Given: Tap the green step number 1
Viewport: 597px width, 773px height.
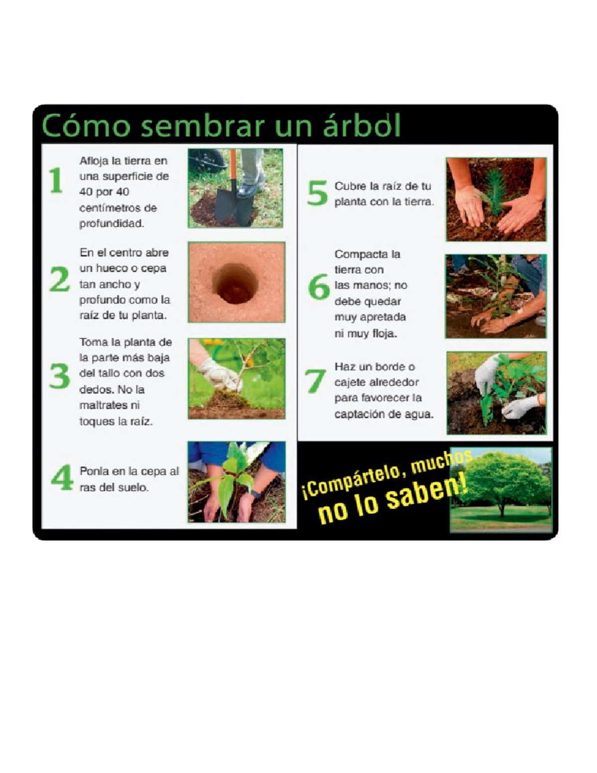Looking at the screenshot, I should tap(56, 180).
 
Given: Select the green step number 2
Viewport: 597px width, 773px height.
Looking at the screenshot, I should tap(60, 279).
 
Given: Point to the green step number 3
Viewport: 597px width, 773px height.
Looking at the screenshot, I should tap(60, 376).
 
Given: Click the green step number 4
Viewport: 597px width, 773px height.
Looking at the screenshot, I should tap(62, 477).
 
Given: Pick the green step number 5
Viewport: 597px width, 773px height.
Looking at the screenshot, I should tap(317, 193).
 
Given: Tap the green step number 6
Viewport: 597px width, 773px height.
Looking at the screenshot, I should tap(318, 287).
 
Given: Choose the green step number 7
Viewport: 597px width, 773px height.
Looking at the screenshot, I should tap(315, 381).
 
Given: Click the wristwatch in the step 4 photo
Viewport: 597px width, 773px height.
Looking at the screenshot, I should tap(255, 494).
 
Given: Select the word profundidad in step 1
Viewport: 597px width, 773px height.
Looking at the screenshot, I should tap(111, 223).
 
